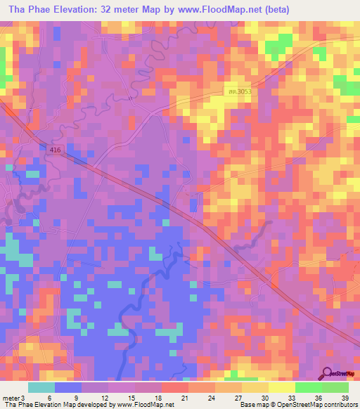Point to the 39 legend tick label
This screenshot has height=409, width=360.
click(345, 398)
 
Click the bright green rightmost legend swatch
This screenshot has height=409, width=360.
click(335, 387)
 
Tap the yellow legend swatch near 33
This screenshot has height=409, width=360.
click(281, 387)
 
